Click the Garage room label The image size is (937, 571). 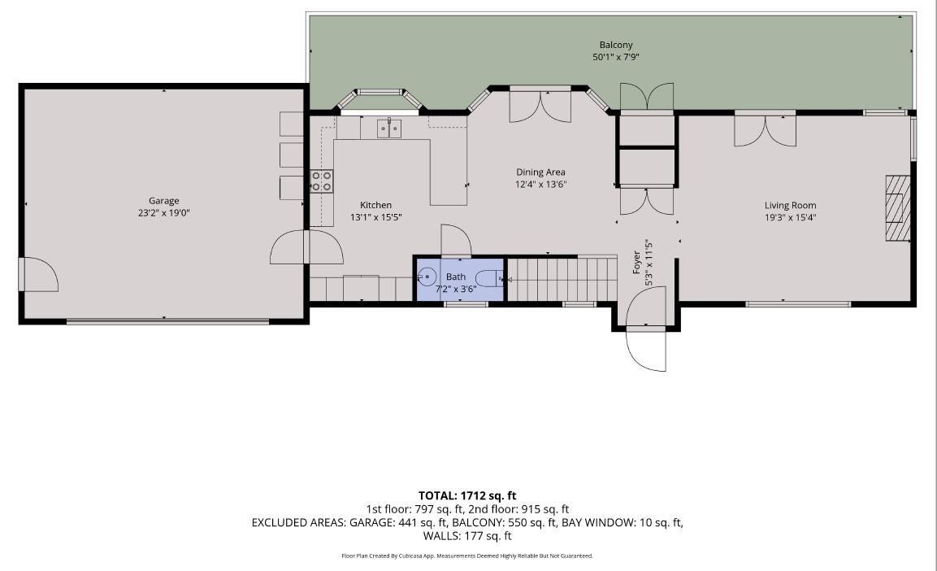(x=163, y=201)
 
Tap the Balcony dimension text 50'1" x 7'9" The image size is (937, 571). (x=616, y=57)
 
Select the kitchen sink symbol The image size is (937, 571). (x=389, y=128)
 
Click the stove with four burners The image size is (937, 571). (x=322, y=181)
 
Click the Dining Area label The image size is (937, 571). (x=540, y=172)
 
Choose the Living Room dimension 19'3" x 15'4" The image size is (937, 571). (x=790, y=217)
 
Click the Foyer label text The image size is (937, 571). (x=637, y=263)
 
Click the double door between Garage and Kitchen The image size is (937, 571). (x=306, y=248)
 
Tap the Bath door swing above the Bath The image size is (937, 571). (x=455, y=240)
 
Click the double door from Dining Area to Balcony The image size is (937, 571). (x=540, y=104)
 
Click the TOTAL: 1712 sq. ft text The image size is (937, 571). (x=467, y=495)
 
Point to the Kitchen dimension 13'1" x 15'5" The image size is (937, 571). (x=375, y=217)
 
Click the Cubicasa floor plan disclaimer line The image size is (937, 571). (x=467, y=556)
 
